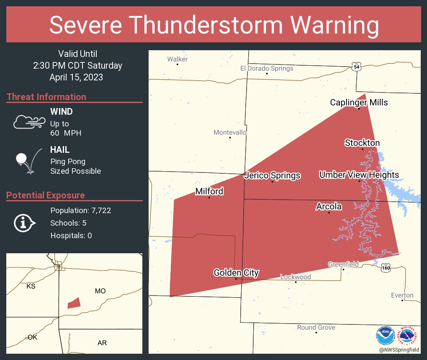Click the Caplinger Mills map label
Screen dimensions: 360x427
click(359, 103)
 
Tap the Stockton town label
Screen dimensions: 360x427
click(362, 143)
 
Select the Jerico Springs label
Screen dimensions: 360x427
click(272, 175)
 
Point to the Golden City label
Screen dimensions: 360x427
click(236, 273)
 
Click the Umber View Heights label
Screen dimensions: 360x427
click(359, 175)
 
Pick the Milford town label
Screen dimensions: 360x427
click(209, 191)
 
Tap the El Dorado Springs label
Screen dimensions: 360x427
click(267, 68)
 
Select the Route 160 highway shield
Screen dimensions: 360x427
click(386, 267)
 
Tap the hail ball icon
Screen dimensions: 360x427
click(21, 159)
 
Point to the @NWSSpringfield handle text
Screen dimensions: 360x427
click(398, 349)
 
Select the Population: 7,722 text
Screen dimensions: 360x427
click(80, 211)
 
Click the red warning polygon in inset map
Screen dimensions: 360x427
click(74, 303)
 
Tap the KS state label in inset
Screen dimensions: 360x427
click(31, 286)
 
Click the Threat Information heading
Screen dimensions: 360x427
click(46, 97)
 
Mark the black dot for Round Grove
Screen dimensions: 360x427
click(316, 332)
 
